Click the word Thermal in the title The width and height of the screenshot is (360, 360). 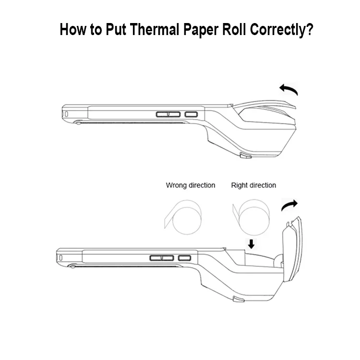click(x=154, y=29)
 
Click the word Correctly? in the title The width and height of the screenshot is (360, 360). click(x=281, y=30)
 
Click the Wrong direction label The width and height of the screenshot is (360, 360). click(x=191, y=185)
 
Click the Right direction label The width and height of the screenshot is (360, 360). click(x=253, y=185)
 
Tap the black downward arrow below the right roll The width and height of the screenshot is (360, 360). click(x=252, y=244)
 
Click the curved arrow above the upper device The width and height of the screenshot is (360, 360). click(x=289, y=89)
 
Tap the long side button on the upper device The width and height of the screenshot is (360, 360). click(x=168, y=114)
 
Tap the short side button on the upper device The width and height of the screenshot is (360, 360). click(x=191, y=114)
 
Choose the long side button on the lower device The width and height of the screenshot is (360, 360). click(x=162, y=258)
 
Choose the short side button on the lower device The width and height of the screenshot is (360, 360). click(x=185, y=258)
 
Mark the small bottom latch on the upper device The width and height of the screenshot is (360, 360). click(x=245, y=156)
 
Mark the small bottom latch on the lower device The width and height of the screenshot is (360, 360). click(x=239, y=299)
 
